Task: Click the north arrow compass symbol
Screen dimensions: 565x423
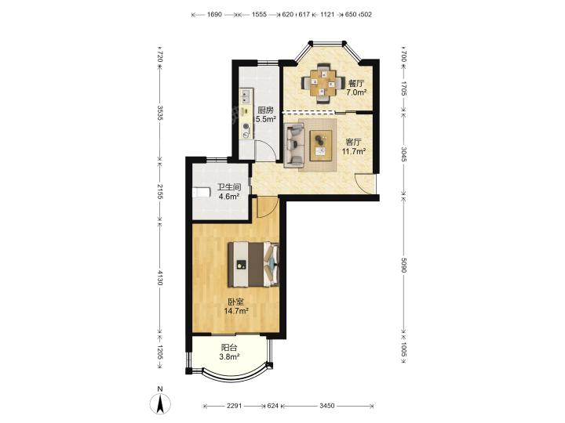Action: coord(160,402)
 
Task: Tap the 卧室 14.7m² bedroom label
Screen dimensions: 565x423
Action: coord(236,306)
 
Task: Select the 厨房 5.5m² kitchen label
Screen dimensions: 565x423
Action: coord(265,114)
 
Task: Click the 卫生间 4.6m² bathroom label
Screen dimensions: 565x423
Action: coord(229,192)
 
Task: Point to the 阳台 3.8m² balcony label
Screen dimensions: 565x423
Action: coord(229,352)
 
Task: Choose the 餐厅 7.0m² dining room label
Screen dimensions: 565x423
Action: coord(356,88)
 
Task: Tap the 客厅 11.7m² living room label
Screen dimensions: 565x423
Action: coord(354,146)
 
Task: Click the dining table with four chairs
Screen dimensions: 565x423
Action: coord(323,83)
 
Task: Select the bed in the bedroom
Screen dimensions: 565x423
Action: coord(253,264)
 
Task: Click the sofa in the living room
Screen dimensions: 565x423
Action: coord(294,146)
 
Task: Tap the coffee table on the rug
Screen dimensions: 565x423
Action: coord(321,145)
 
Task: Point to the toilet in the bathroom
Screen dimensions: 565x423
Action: coord(201,193)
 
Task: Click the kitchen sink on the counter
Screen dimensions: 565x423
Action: coord(246,96)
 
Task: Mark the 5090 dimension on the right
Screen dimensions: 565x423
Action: coord(403,266)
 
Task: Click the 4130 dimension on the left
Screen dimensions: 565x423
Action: coord(160,278)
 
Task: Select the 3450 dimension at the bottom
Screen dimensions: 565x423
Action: coord(326,406)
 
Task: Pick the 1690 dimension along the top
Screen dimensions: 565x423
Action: coord(214,14)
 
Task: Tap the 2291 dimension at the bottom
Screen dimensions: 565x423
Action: coord(235,406)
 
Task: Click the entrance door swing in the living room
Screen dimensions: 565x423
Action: coord(364,183)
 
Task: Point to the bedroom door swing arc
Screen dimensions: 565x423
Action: coord(268,207)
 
